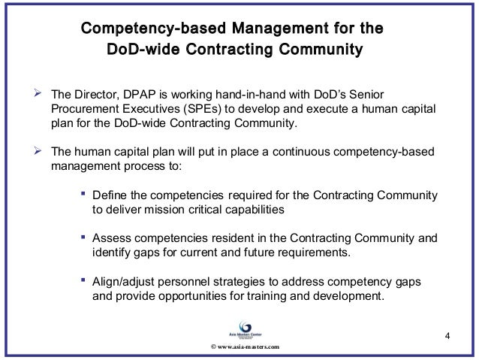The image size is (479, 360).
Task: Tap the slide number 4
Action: [447, 334]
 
